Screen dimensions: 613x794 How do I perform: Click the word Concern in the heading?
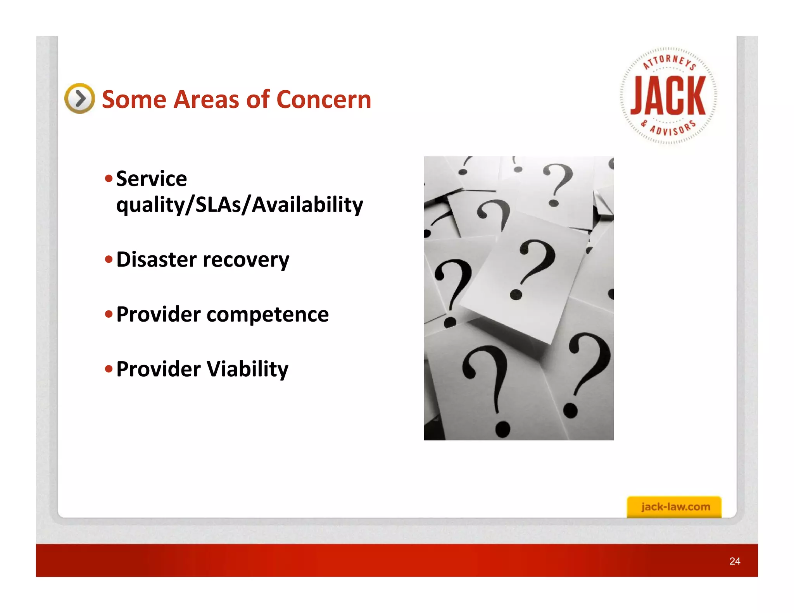[324, 100]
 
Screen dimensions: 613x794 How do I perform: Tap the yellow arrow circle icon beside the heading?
[79, 98]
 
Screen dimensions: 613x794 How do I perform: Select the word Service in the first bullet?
[152, 179]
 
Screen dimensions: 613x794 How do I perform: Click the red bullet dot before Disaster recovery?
[109, 259]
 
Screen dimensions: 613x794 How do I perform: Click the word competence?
[268, 314]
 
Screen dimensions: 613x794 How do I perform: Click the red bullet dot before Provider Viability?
[109, 368]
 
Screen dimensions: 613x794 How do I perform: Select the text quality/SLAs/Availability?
[240, 205]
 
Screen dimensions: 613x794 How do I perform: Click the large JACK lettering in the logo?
[668, 96]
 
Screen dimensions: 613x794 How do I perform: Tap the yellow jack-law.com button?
[674, 506]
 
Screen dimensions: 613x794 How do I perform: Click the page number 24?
[735, 561]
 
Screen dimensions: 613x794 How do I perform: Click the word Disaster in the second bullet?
[156, 259]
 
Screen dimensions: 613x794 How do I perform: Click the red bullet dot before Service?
[109, 179]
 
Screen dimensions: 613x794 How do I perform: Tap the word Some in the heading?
[134, 100]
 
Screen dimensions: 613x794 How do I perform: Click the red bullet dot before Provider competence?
[109, 314]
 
